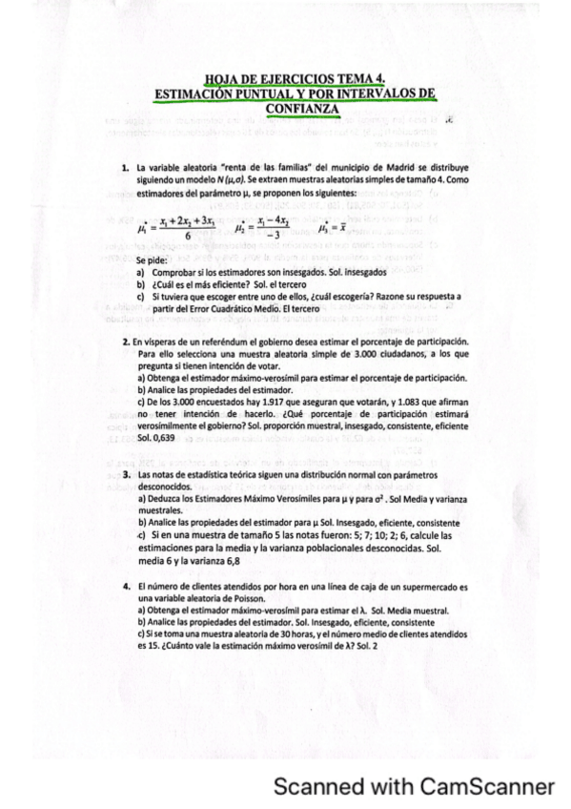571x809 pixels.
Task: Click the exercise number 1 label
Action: pos(125,168)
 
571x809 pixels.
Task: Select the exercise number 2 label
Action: pos(125,342)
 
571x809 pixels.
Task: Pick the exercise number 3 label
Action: pos(125,474)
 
